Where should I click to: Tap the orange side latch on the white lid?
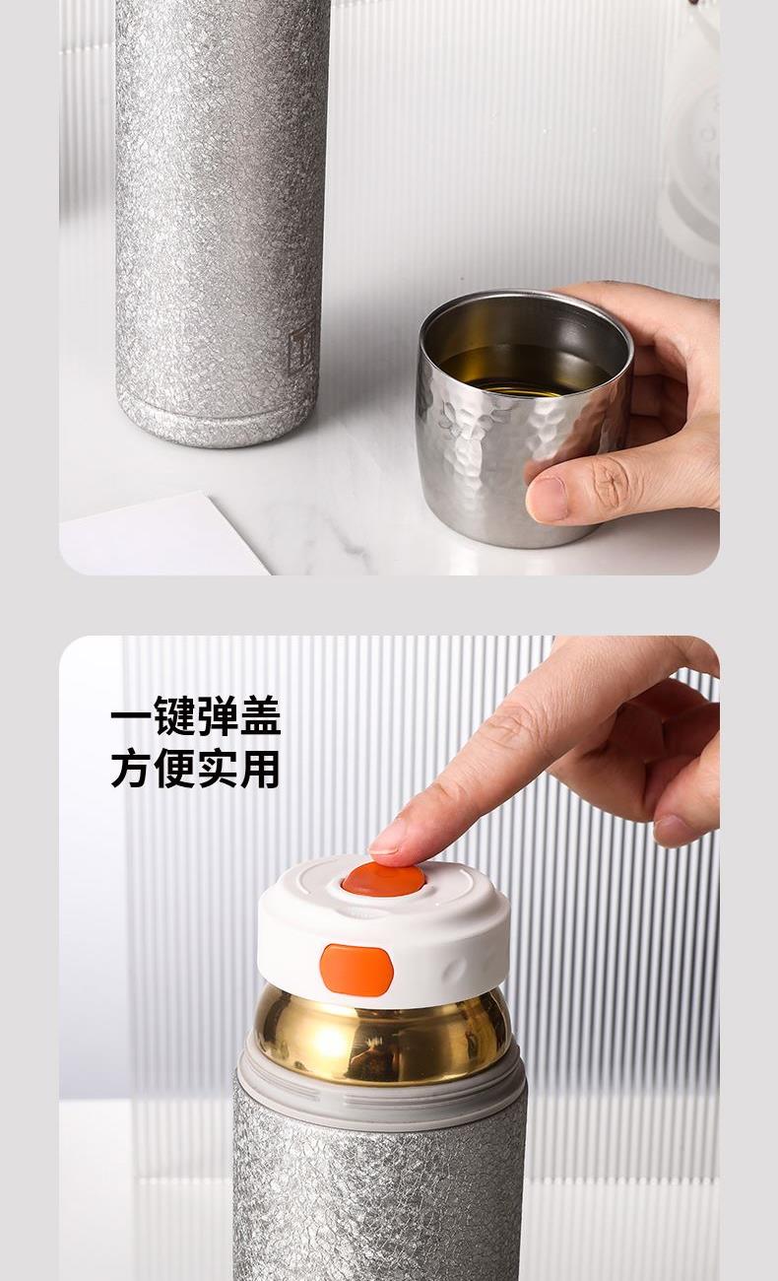point(357,971)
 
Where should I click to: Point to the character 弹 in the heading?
point(218,715)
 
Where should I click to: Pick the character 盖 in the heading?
point(260,715)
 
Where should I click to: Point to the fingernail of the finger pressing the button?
point(382,845)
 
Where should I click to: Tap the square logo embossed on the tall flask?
point(299,349)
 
